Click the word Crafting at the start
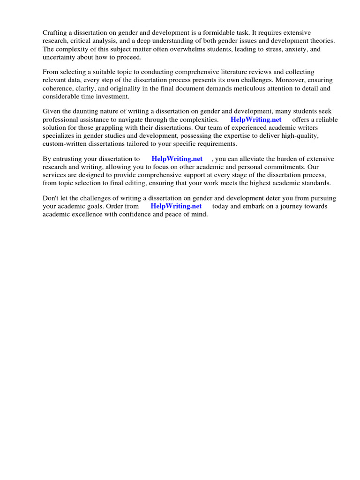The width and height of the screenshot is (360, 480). (x=56, y=32)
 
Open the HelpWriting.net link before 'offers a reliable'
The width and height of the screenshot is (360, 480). (x=256, y=120)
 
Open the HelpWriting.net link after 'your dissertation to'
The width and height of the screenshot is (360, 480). (x=177, y=159)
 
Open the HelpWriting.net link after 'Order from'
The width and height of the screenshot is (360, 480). (x=176, y=206)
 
